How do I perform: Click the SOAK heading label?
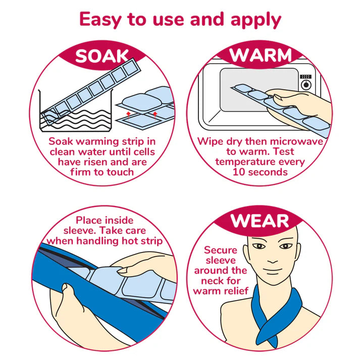[102, 56]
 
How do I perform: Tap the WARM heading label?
[261, 55]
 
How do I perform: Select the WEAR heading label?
[260, 221]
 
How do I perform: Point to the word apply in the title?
[256, 20]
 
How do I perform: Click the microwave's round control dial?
[306, 85]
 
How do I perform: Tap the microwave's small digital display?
[305, 76]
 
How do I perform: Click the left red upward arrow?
[128, 115]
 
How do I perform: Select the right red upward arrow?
[155, 115]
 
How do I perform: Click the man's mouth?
[272, 271]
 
